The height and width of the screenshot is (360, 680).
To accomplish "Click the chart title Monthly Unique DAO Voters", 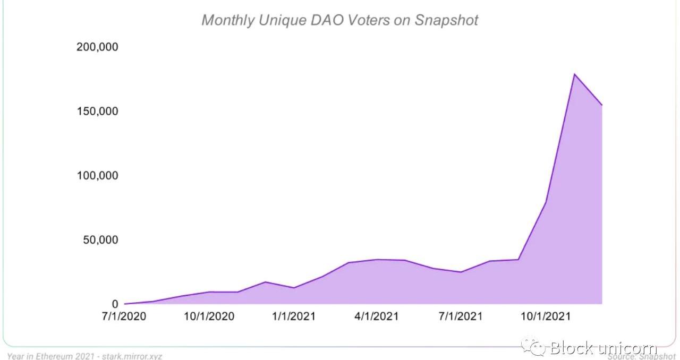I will coord(339,20).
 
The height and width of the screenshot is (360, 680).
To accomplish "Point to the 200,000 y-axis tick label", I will coord(97,47).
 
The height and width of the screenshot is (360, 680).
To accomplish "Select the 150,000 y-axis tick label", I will coord(97,112).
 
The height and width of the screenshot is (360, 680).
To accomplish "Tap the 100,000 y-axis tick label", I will coord(97,176).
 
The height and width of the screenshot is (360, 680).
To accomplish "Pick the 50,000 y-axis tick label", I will coord(100,240).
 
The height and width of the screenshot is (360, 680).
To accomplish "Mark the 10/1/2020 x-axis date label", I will coord(209,316).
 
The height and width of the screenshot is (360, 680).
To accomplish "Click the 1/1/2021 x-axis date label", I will coord(293,316).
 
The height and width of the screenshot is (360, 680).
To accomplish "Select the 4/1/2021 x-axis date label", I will coord(376,316).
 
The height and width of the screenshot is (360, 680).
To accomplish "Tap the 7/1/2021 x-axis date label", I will coord(461,316).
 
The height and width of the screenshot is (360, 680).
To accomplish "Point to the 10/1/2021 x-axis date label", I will coord(545,316).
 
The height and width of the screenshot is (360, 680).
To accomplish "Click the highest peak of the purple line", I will coord(574,74).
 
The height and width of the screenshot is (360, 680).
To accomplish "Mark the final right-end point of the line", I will coord(602,105).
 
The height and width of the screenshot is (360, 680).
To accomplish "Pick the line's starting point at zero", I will coord(125,304).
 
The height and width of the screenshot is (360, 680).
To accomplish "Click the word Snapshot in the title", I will coord(446,20).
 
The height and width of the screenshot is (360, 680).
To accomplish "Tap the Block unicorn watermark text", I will coord(603,348).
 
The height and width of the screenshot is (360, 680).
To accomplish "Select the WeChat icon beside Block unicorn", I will coord(533,347).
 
